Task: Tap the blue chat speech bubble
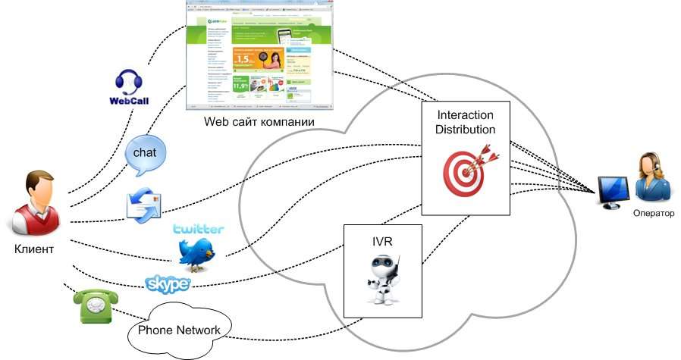coord(146,153)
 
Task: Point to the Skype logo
coord(167,283)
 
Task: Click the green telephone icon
coord(92,306)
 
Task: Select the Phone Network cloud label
coord(180,330)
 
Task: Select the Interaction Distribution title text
coord(466,122)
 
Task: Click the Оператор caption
coord(653,213)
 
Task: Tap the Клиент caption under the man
coord(34,249)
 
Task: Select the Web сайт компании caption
coord(259,122)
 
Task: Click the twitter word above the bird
coord(198,229)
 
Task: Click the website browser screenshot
coord(259,55)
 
